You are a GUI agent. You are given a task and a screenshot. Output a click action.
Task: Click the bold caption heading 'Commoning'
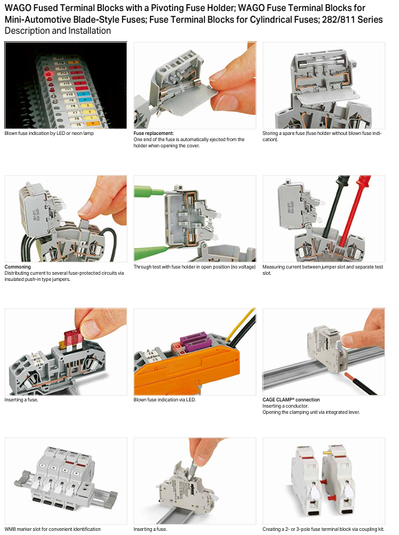[18, 267]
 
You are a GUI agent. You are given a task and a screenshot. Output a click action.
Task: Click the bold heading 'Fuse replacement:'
[153, 134]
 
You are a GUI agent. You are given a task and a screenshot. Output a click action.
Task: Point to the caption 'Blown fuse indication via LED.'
[164, 399]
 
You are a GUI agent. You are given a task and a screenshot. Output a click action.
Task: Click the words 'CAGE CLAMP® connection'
[291, 399]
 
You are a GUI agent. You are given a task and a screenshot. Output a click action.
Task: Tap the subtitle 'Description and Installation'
[58, 31]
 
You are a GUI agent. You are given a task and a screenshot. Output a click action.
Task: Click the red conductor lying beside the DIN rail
[360, 384]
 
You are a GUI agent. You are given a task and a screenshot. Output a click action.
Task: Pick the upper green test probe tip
[150, 191]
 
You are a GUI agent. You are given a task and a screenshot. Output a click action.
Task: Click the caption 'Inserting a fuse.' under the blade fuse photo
[21, 399]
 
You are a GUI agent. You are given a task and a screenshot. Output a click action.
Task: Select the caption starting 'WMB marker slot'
[52, 529]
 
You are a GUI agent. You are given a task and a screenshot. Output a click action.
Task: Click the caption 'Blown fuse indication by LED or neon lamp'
[49, 134]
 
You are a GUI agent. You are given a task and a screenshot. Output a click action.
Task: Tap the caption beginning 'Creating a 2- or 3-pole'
[323, 529]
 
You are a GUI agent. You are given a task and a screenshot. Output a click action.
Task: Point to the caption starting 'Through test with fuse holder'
[195, 267]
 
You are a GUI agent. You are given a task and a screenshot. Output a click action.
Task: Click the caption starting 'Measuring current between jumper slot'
[323, 270]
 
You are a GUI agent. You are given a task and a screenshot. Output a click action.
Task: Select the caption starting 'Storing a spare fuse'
[322, 136]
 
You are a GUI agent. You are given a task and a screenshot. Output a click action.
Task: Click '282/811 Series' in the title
[352, 19]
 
